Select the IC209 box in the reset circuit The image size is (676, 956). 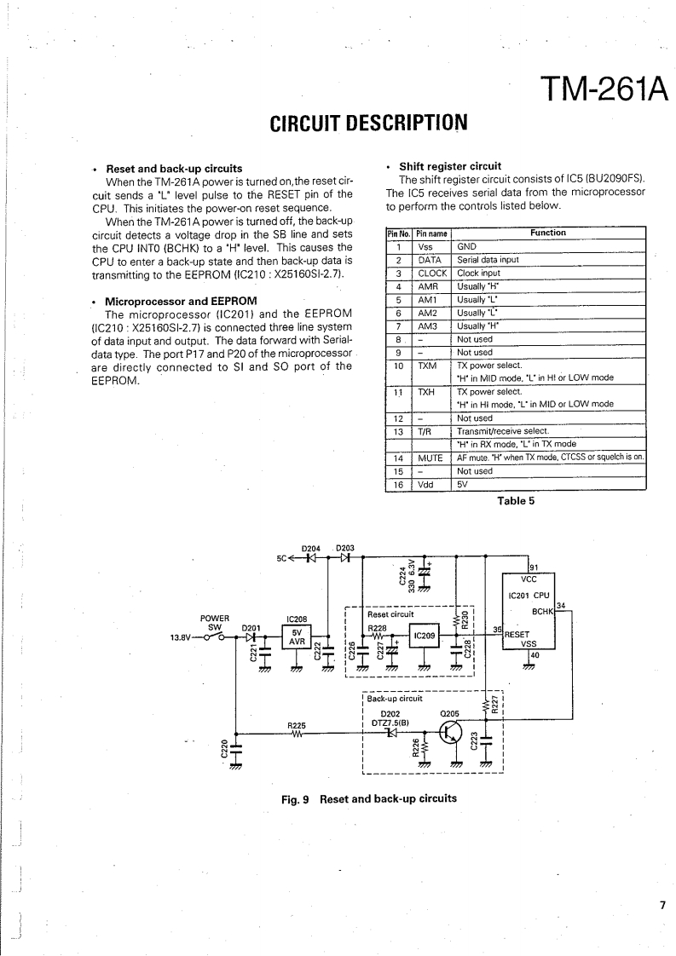[425, 636]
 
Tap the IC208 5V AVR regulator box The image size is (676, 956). [298, 636]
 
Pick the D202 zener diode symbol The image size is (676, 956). [391, 733]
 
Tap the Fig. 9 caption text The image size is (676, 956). [368, 798]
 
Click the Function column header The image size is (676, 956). [547, 233]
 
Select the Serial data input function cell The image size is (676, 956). [488, 260]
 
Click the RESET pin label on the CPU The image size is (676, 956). [519, 634]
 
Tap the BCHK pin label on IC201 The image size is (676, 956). [542, 612]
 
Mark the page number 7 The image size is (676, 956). [662, 906]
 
